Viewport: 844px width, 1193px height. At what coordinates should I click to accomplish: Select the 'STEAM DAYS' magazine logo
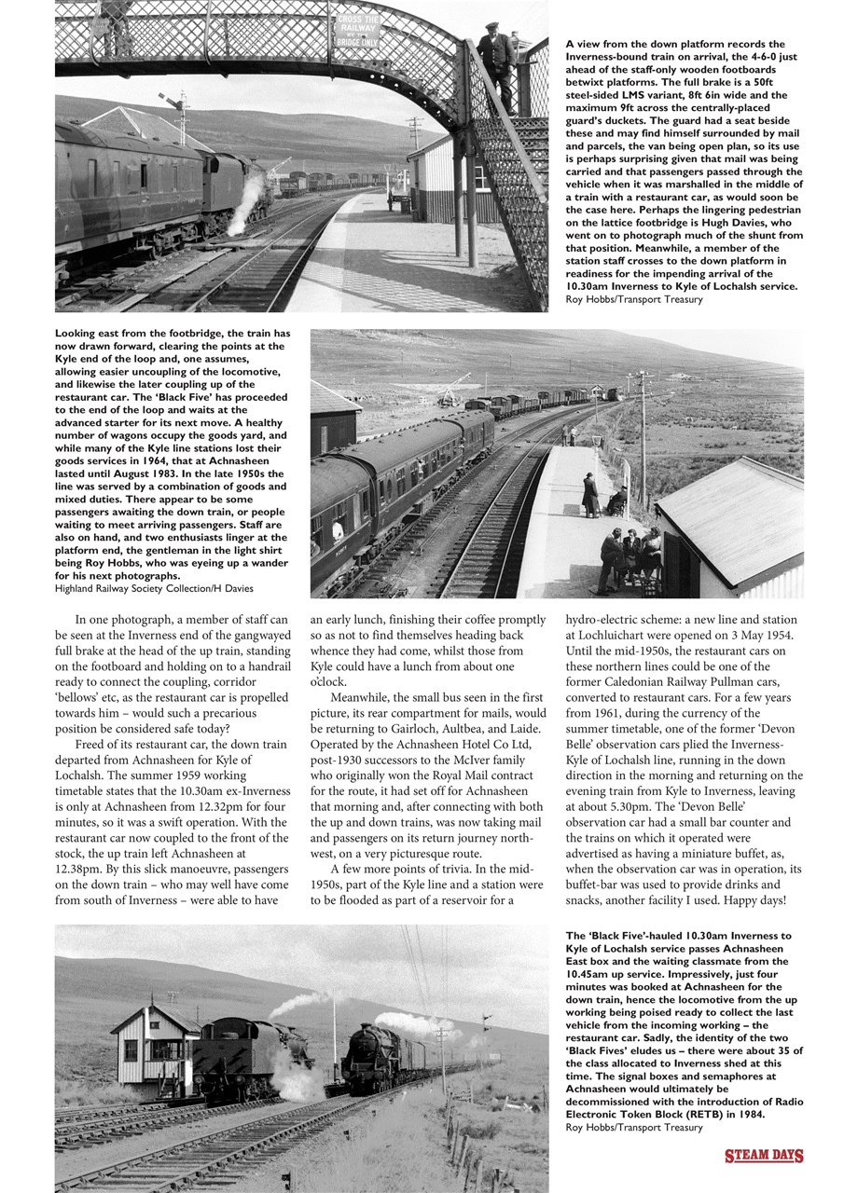pos(764,1157)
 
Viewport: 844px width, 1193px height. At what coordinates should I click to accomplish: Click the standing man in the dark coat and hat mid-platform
pos(589,495)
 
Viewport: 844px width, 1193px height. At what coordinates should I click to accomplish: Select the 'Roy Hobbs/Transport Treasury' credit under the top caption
pos(634,299)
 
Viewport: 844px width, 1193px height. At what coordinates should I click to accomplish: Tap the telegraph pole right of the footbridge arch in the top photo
pos(414,135)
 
